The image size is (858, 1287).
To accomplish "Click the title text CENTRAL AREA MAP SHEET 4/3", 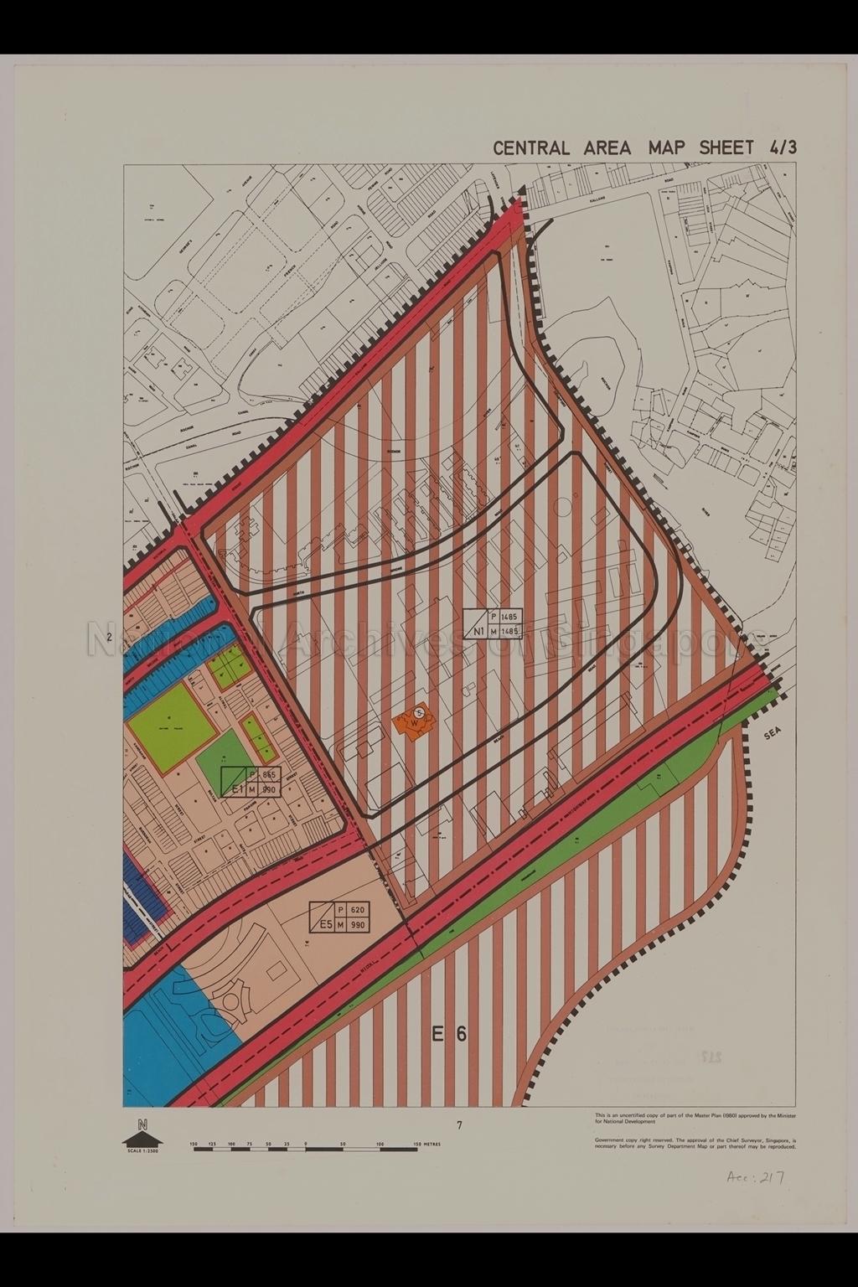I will (644, 147).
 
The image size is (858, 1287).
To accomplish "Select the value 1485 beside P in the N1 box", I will (510, 614).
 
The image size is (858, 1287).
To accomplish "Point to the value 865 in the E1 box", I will (268, 775).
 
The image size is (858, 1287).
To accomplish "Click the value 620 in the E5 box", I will (359, 910).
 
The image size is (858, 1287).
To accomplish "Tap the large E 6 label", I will (449, 1034).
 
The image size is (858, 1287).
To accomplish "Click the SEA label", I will (773, 734).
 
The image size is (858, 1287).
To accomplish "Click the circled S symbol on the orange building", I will (421, 712).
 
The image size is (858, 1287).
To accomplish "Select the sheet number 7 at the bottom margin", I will (459, 1126).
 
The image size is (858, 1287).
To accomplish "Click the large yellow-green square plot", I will (168, 726).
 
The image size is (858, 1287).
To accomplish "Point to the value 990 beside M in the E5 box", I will (359, 925).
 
